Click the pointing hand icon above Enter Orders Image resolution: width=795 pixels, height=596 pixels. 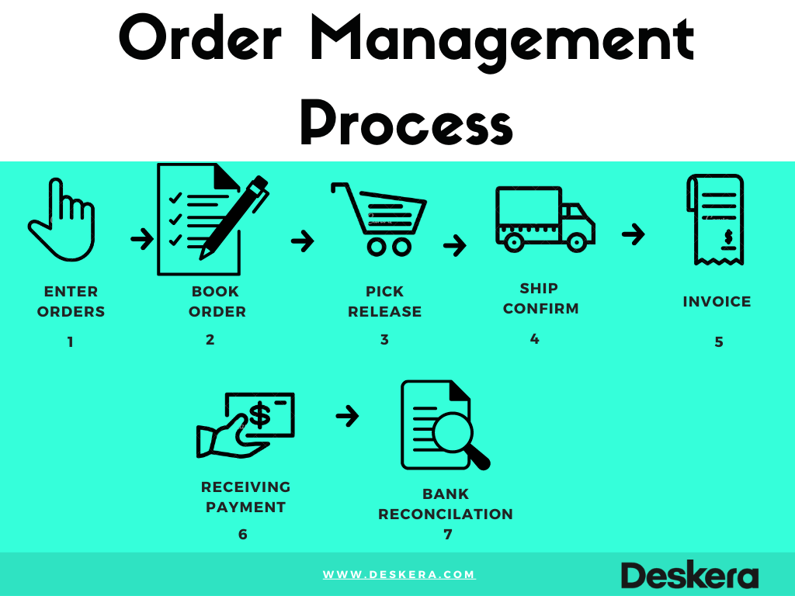point(62,221)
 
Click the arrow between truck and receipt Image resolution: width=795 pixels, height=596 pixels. point(634,234)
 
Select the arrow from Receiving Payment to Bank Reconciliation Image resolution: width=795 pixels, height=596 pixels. point(347,417)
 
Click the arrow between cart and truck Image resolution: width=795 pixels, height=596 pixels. point(454,246)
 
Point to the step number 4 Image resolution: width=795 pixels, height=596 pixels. point(534,339)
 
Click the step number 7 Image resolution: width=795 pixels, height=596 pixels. point(447,534)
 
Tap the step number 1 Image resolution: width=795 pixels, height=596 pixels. point(71,341)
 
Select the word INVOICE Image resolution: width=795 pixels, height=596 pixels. point(717,301)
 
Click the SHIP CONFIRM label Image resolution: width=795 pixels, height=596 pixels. point(540,299)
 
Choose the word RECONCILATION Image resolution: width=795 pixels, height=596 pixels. point(446,514)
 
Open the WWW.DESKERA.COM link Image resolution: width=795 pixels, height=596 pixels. point(398,574)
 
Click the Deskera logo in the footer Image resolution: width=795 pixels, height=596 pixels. point(689,575)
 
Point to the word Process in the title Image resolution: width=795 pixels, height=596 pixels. point(406,124)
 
